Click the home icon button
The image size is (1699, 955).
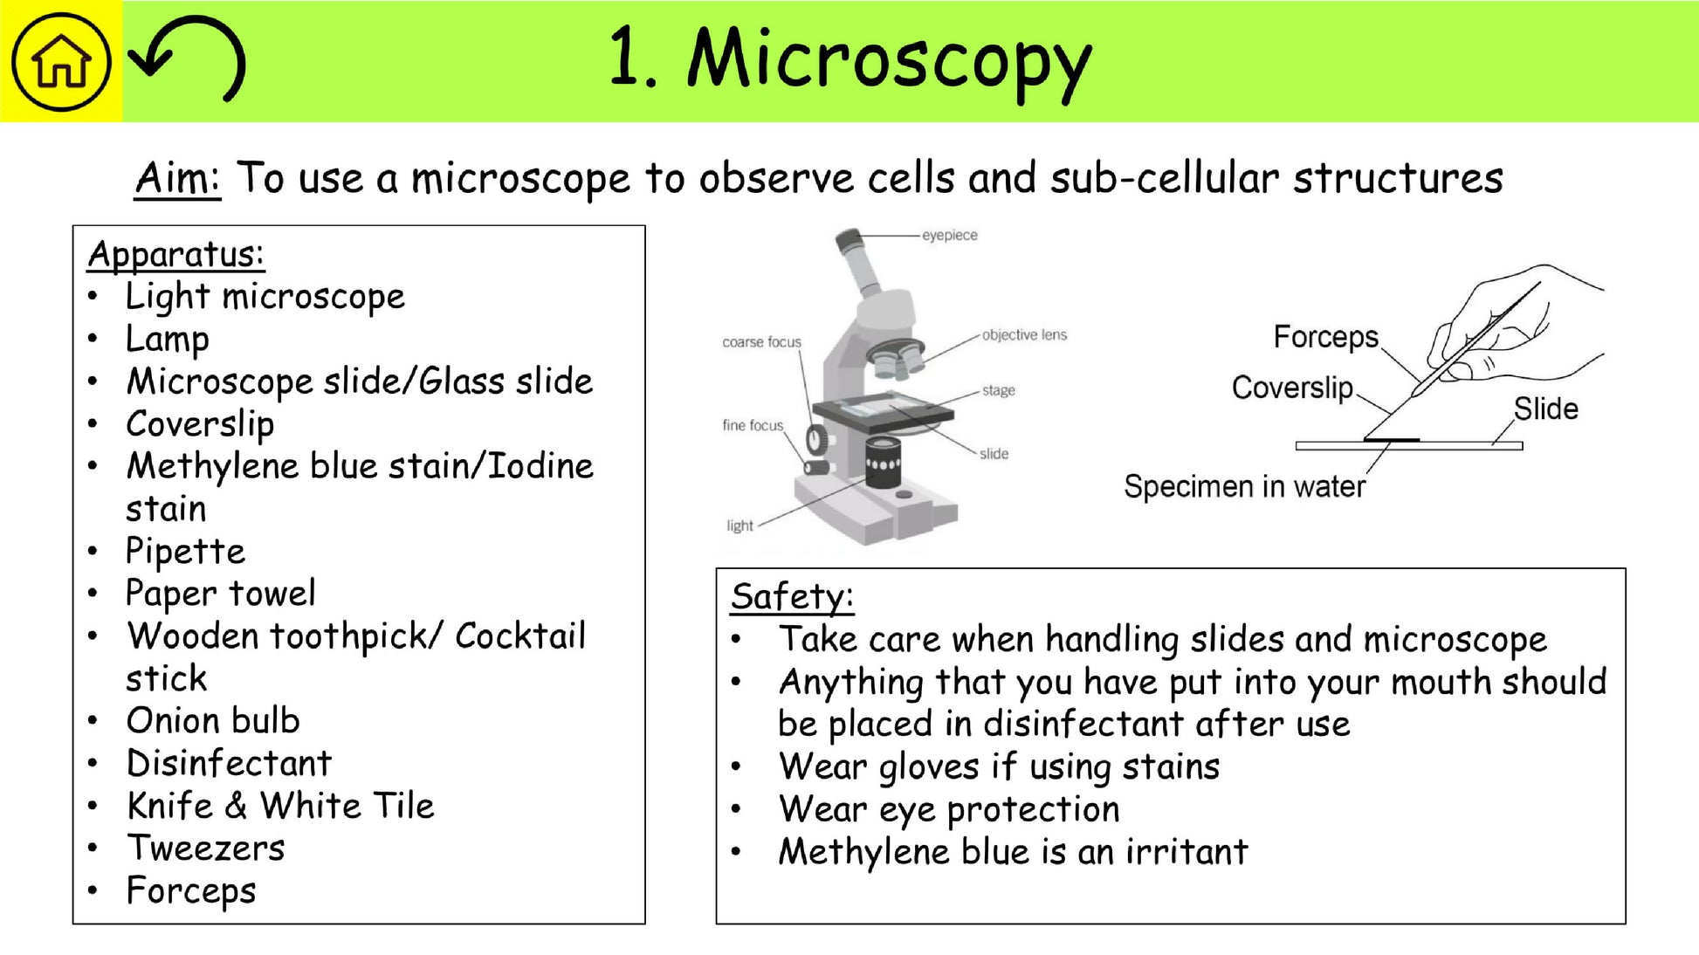point(60,61)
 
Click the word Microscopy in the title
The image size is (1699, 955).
point(889,59)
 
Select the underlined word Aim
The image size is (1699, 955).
point(176,178)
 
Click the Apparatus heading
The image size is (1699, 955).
point(175,255)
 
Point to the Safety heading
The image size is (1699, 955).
point(792,597)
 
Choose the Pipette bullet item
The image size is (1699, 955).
point(185,552)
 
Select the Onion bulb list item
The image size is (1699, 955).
point(213,721)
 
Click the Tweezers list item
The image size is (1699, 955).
point(206,849)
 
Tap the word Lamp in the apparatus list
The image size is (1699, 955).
point(168,340)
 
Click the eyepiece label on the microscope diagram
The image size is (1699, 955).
point(950,236)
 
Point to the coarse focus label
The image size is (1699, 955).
point(761,342)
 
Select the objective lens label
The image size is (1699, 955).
point(1024,335)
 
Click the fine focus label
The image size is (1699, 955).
point(753,425)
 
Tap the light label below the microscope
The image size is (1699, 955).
point(739,526)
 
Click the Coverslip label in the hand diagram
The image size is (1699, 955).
point(1292,388)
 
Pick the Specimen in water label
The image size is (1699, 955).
point(1244,486)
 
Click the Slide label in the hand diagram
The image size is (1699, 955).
point(1545,409)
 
